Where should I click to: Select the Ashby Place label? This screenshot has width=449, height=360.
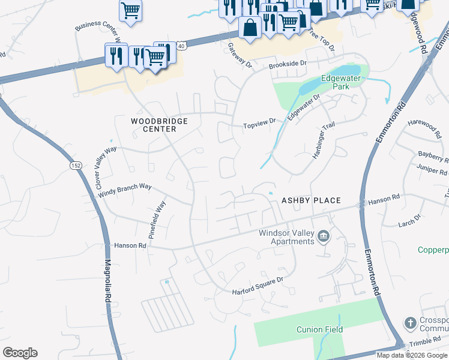[x=311, y=200]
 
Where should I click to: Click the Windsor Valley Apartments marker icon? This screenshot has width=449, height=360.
[x=324, y=236]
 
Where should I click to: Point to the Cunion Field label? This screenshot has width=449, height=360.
[x=319, y=329]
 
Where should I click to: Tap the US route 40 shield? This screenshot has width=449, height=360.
[x=182, y=44]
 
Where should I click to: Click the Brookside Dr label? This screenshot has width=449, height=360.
[x=288, y=63]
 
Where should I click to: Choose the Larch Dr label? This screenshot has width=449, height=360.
[x=410, y=223]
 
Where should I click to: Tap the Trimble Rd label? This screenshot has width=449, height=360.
[x=427, y=344]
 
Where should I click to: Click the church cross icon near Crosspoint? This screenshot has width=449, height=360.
[x=411, y=323]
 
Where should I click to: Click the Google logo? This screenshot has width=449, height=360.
[x=20, y=353]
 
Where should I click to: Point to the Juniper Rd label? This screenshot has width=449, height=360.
[x=435, y=170]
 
